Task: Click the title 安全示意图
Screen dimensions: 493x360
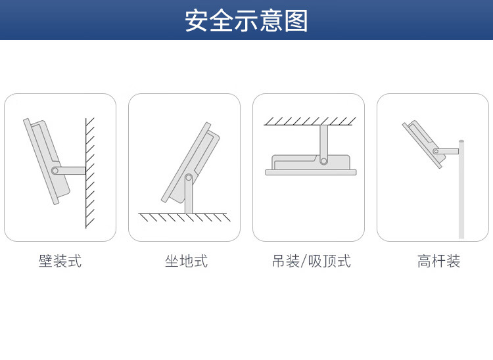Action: click(x=246, y=20)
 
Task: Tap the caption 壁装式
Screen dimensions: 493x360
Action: click(x=60, y=261)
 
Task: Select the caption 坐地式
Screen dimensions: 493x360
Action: click(x=186, y=261)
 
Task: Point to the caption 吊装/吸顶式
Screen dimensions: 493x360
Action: click(x=311, y=261)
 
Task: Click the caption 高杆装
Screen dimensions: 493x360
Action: click(x=438, y=261)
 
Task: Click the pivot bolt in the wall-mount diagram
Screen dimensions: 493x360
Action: click(x=55, y=171)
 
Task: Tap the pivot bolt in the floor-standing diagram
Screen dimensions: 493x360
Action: click(x=189, y=177)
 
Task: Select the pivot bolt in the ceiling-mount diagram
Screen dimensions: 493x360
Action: click(x=323, y=160)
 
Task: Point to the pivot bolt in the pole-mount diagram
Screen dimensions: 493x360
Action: click(x=436, y=151)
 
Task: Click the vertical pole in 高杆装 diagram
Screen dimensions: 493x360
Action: click(x=461, y=191)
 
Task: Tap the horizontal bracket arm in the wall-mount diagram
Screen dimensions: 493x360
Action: click(x=72, y=171)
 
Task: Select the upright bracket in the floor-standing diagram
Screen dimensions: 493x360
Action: click(x=189, y=197)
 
